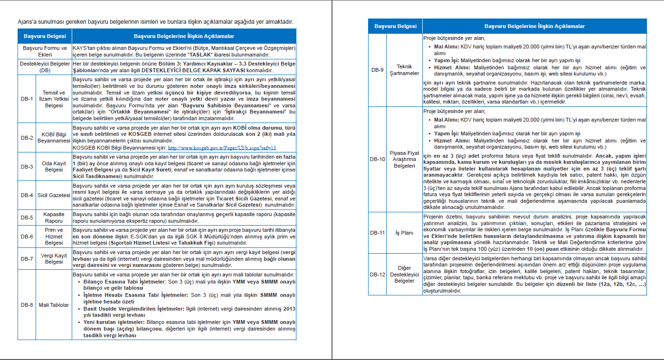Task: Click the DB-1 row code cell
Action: coord(27,99)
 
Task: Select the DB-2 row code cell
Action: coord(27,138)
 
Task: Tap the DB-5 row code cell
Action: coord(27,218)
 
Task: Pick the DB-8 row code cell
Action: coord(27,305)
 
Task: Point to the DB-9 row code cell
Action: coord(378,70)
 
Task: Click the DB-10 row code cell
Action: coord(378,159)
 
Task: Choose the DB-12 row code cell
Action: coord(378,275)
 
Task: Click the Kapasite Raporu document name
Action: coord(54,218)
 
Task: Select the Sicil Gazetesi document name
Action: coord(54,195)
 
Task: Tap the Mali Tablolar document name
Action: coord(54,305)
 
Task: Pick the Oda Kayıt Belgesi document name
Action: coord(54,167)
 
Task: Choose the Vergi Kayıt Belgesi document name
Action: coord(54,259)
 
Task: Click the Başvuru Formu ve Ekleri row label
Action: coord(44,51)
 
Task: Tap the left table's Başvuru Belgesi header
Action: coord(44,36)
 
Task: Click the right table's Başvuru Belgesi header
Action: coord(395,26)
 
